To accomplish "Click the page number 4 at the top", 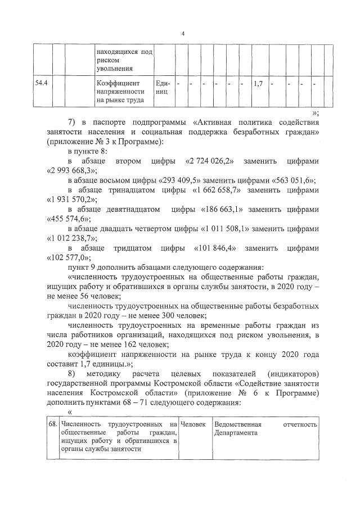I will pyautogui.click(x=183, y=33).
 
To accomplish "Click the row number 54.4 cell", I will pyautogui.click(x=41, y=83).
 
